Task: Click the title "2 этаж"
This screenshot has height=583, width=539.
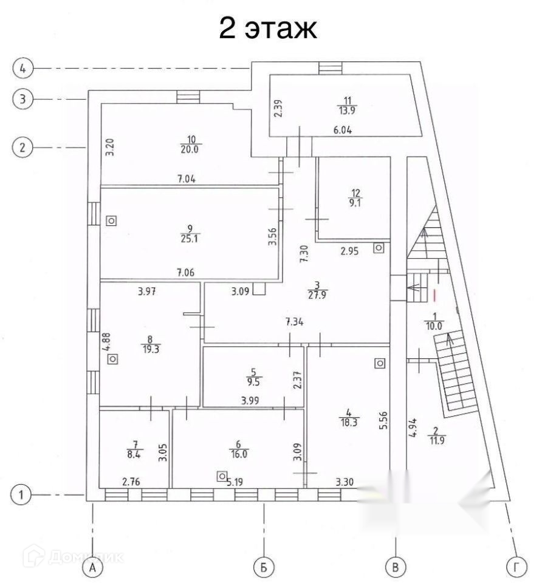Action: click(268, 28)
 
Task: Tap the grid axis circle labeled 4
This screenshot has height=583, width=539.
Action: click(22, 68)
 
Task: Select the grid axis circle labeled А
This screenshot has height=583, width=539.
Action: click(93, 567)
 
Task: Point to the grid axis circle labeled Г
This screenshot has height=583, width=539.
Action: click(517, 567)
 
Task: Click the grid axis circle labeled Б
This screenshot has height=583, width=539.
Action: click(263, 567)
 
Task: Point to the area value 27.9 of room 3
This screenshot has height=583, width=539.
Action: click(317, 295)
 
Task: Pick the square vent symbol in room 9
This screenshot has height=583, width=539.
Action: click(111, 220)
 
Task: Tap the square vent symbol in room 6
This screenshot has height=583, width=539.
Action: click(223, 476)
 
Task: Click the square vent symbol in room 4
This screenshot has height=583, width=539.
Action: click(380, 363)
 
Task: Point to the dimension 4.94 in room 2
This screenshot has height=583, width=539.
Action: click(412, 432)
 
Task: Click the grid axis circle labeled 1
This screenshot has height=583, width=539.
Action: click(22, 494)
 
